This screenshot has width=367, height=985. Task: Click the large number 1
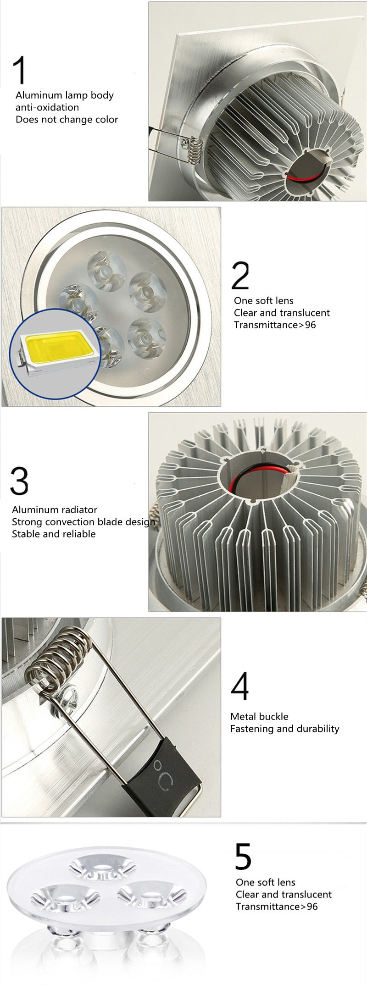pos(20,70)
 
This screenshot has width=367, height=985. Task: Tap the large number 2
pos(240,276)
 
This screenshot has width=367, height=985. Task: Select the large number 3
pos(19,481)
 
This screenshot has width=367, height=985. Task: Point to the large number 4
pos(240,686)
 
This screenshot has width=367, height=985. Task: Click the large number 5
pos(243,856)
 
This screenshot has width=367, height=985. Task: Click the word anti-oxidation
pos(47,107)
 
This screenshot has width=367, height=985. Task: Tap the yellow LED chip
pos(56,345)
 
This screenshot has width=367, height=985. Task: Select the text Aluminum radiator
pos(55,509)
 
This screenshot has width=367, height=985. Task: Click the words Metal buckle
pos(259,716)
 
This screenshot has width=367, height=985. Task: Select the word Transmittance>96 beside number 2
pos(275,325)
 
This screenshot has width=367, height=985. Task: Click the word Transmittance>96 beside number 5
pos(277,906)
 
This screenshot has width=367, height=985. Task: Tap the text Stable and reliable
pos(54,534)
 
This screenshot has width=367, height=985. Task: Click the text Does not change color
pos(67,120)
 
